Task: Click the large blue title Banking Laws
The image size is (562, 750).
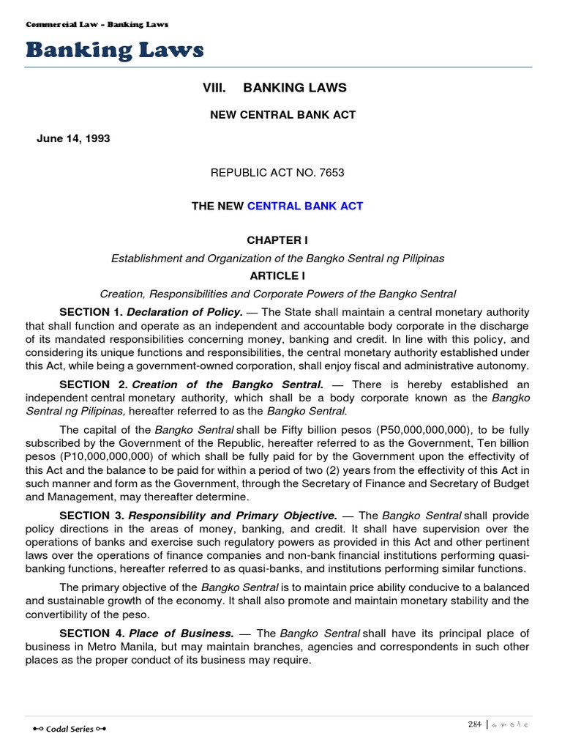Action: click(115, 50)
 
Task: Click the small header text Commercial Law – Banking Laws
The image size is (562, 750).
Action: click(97, 24)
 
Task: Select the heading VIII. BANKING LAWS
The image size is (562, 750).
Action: click(274, 88)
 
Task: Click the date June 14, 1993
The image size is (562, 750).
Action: click(73, 138)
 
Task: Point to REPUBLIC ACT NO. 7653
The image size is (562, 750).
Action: click(277, 173)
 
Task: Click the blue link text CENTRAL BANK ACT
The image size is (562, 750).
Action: click(305, 206)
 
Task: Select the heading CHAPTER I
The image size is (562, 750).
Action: click(274, 240)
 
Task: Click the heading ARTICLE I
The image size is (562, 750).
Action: click(277, 276)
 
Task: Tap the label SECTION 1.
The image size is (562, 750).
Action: click(91, 312)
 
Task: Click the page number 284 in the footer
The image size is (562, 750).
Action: click(475, 724)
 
